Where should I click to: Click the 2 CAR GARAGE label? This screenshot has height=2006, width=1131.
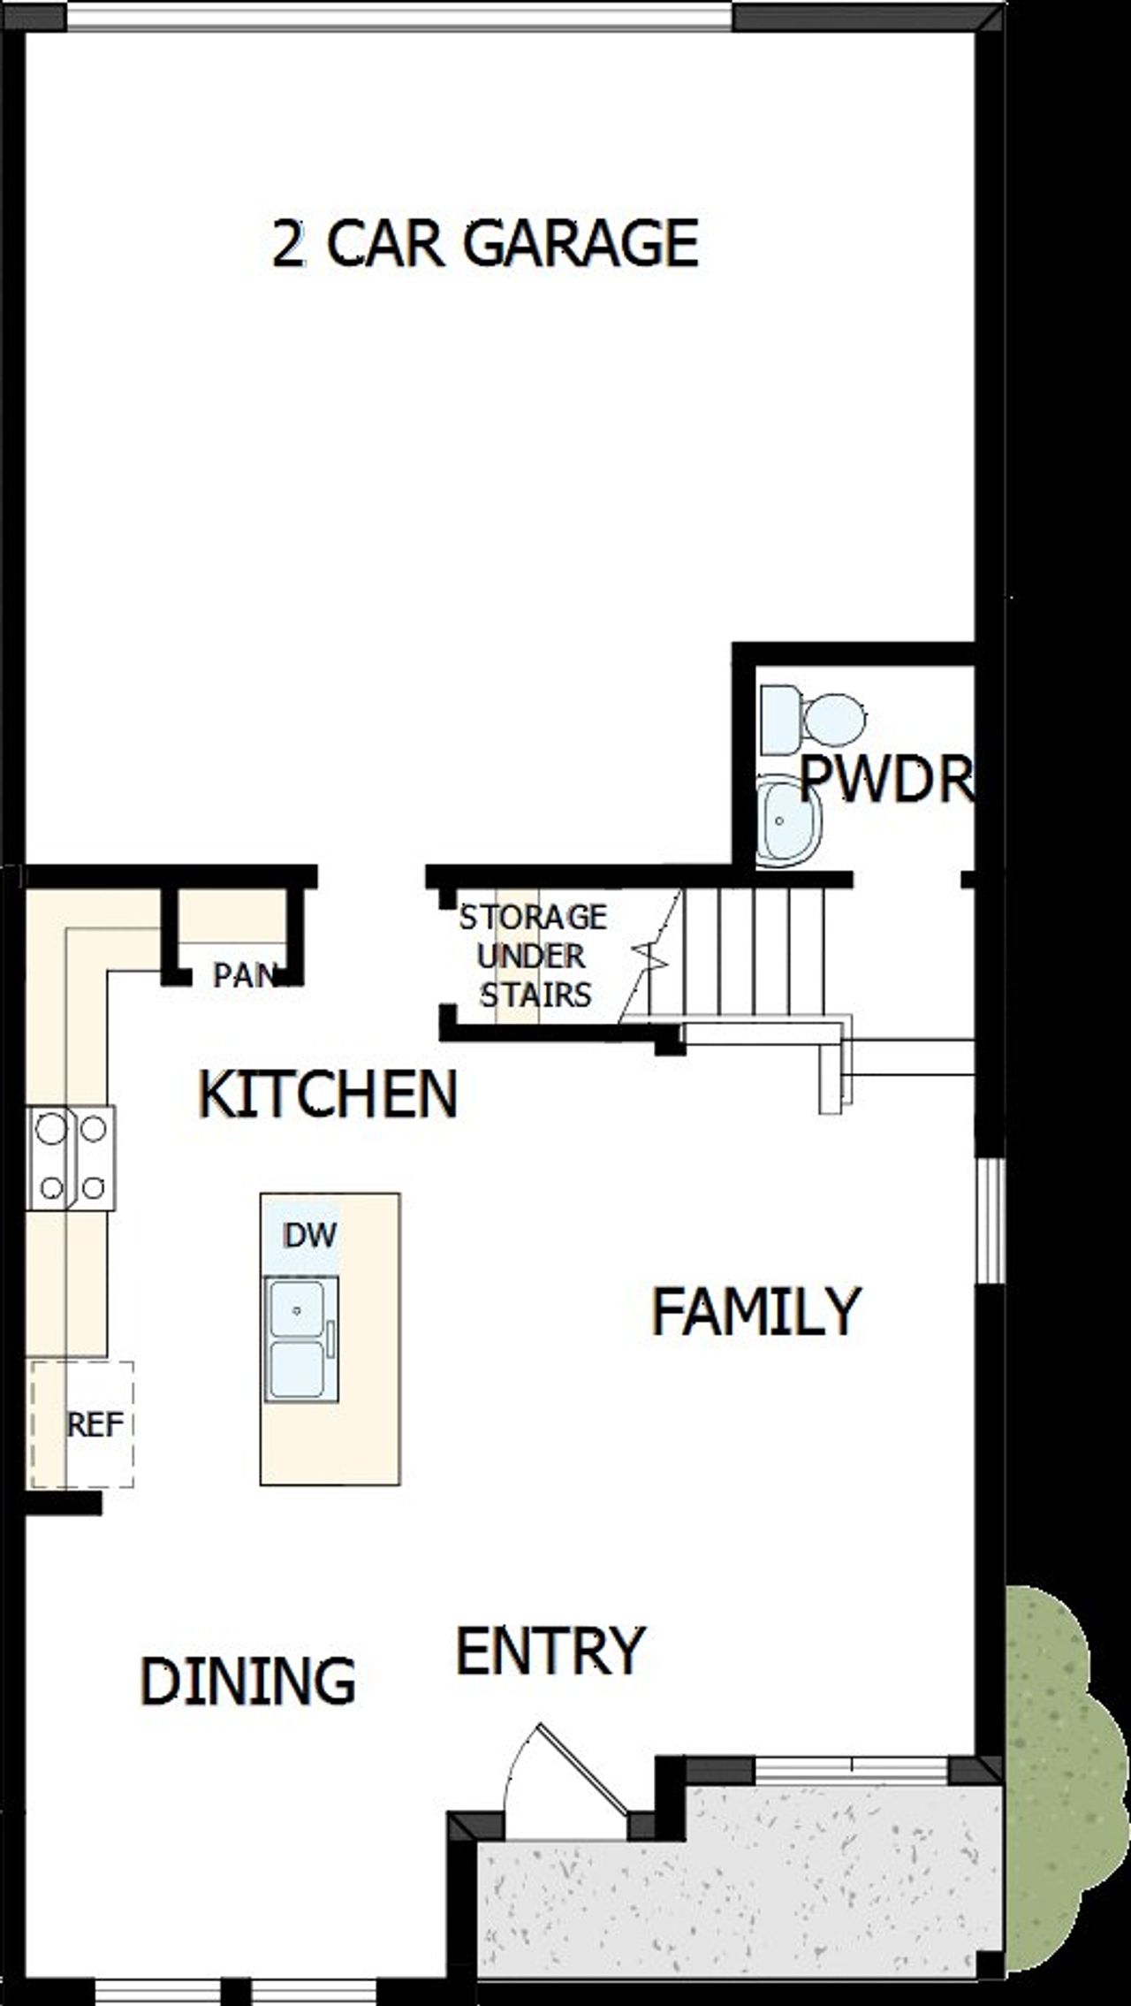(485, 243)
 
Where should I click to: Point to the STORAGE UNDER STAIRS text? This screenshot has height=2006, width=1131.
(533, 955)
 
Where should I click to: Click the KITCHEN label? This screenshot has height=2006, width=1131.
(328, 1095)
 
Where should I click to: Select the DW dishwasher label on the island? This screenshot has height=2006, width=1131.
(309, 1235)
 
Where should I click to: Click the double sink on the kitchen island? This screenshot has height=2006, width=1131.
(299, 1339)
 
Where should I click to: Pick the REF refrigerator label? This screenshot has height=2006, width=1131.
(95, 1424)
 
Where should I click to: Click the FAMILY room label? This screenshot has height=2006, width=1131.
(755, 1311)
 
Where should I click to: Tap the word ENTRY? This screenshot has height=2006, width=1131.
(550, 1651)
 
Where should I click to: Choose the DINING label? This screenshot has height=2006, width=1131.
(247, 1681)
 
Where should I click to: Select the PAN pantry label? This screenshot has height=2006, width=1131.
(244, 976)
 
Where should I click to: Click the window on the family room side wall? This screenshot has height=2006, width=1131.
(991, 1220)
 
